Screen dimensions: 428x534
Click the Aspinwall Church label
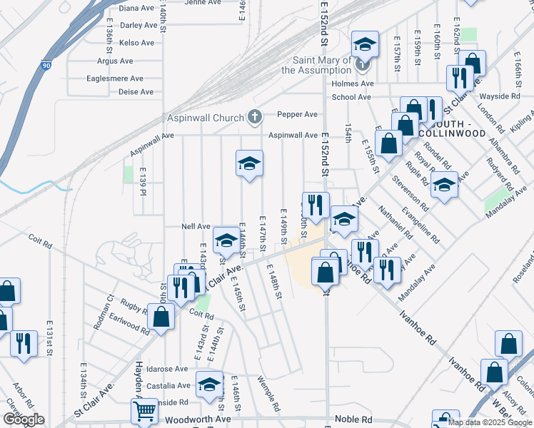(206, 117)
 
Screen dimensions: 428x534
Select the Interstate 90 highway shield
(46, 65)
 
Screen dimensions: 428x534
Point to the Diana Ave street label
(137, 9)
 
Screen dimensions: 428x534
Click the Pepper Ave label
(297, 114)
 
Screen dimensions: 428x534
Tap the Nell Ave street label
(196, 226)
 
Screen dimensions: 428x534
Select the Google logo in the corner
(24, 419)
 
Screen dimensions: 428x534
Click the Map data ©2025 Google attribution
(490, 422)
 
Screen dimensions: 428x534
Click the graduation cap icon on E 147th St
(250, 163)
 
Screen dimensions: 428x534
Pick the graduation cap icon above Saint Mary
(364, 45)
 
